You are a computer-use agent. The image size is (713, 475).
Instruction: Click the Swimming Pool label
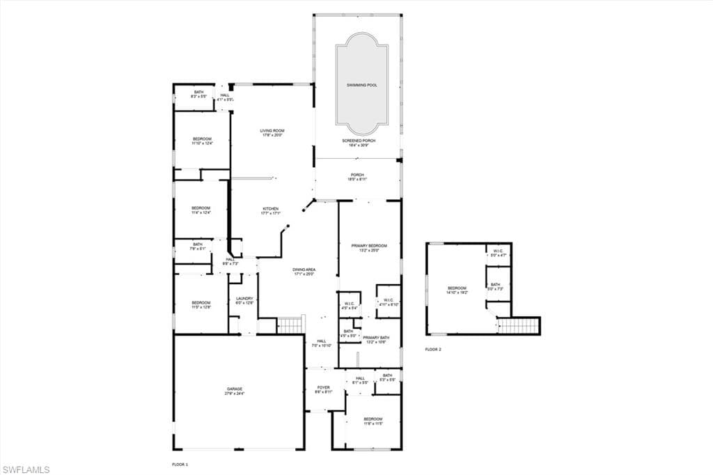click(x=361, y=85)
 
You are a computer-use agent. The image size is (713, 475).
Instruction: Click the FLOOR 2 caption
click(x=433, y=350)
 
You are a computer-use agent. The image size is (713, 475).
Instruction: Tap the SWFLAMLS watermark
click(x=26, y=469)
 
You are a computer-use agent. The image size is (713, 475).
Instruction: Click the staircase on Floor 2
click(x=519, y=325)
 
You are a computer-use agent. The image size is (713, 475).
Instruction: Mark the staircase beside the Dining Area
click(x=291, y=325)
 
